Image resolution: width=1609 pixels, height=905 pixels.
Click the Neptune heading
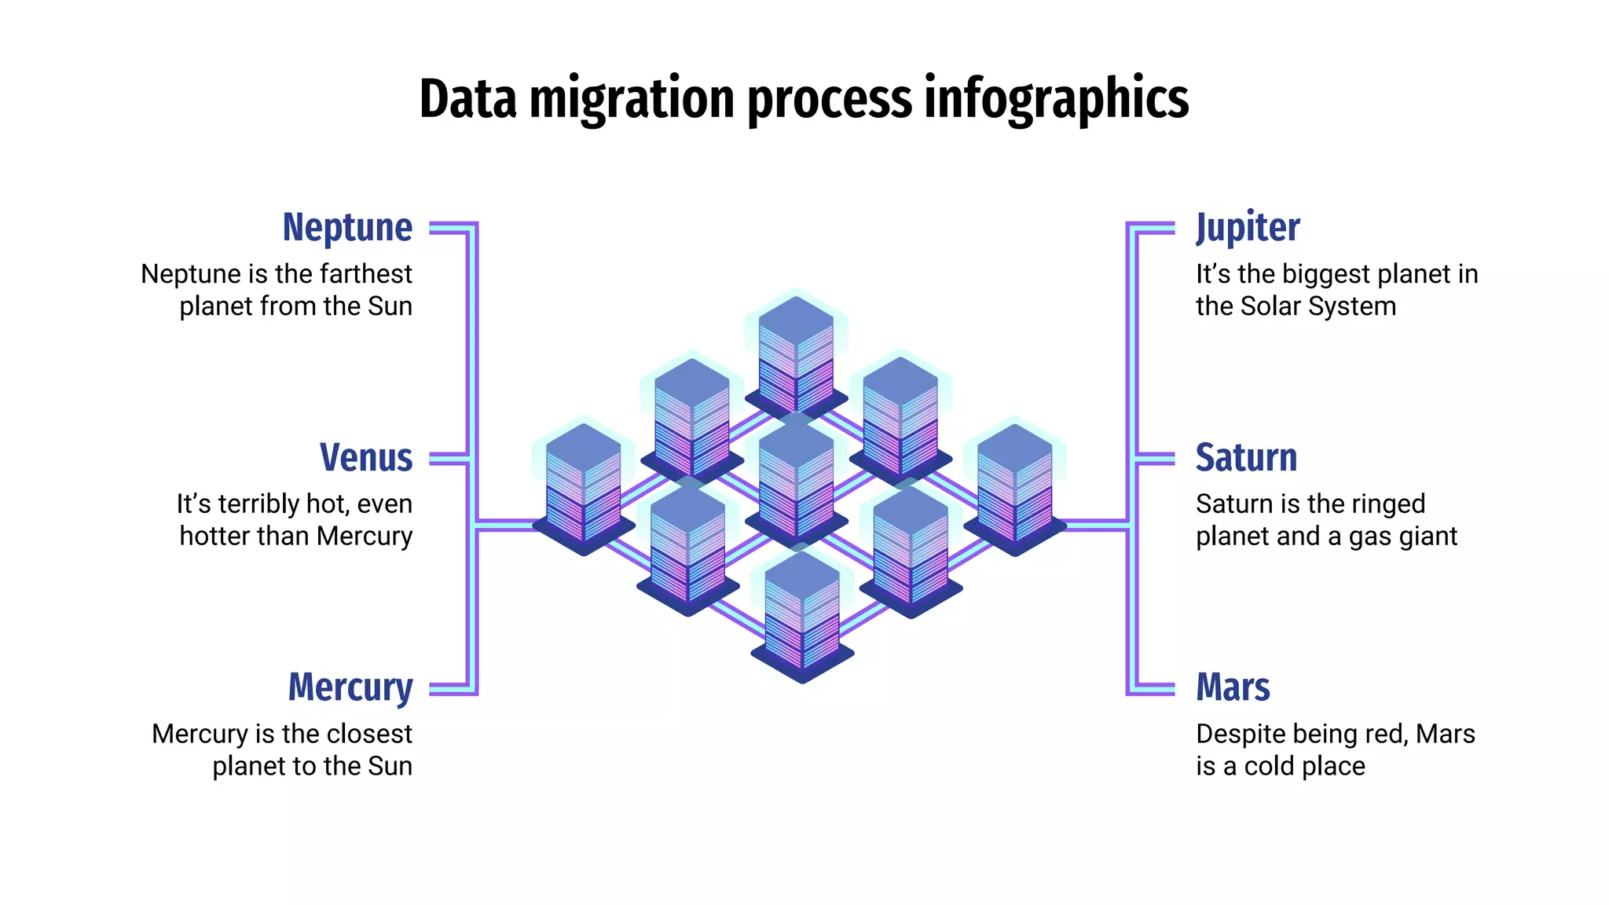[347, 228]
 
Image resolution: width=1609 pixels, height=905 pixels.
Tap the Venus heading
[366, 458]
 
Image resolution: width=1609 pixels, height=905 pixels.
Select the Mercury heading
[350, 688]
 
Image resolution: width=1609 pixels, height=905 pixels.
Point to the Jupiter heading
[1248, 228]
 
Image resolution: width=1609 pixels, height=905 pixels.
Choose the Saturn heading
[1246, 458]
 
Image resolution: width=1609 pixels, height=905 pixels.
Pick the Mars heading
[1233, 688]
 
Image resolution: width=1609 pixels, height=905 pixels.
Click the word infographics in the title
[1056, 99]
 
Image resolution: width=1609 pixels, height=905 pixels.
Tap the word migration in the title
[633, 99]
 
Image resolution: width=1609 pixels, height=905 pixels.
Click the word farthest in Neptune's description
[367, 274]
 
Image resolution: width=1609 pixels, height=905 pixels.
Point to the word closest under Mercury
[368, 734]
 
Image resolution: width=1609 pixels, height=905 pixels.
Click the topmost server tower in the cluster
[796, 354]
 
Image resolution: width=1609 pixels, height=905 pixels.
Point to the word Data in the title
[468, 99]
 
